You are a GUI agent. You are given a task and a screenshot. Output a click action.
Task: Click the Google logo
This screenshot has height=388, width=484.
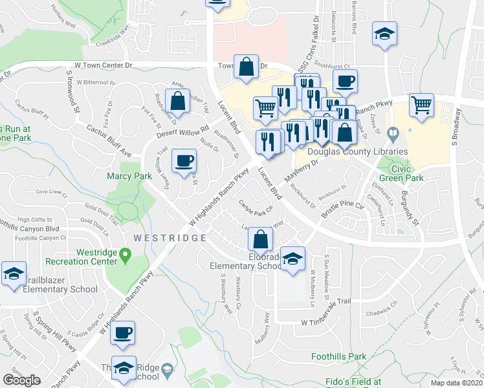click(x=22, y=380)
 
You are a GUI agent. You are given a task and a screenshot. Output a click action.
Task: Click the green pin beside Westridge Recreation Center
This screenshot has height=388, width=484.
click(x=124, y=260)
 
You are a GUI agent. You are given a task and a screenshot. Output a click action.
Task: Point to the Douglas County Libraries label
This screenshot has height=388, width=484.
click(x=357, y=151)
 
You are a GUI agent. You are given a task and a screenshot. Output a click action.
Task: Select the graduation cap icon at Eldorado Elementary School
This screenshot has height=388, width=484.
click(x=292, y=259)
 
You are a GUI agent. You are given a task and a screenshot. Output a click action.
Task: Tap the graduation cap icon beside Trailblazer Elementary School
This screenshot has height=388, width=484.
click(x=12, y=274)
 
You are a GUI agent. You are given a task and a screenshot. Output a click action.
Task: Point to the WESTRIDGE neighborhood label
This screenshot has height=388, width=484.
click(x=164, y=238)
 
